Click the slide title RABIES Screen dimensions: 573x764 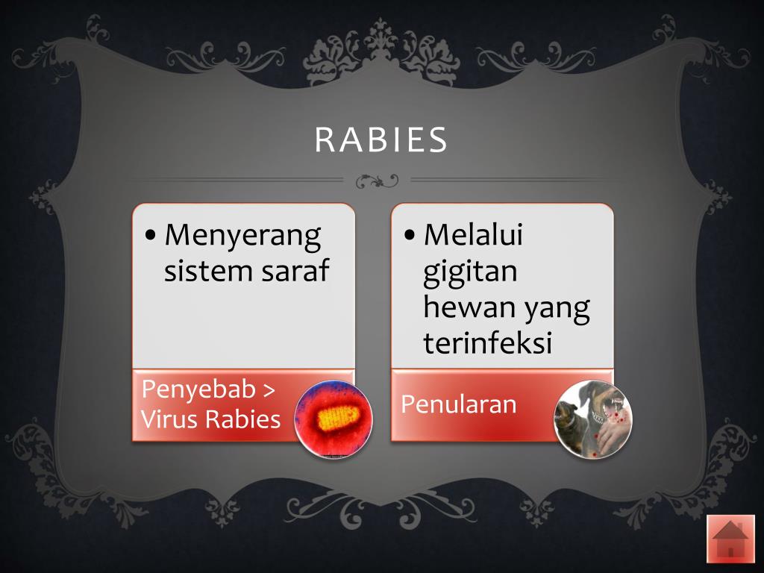click(381, 140)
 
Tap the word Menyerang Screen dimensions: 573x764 click(242, 237)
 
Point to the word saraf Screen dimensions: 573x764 click(295, 271)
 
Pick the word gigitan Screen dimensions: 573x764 click(470, 272)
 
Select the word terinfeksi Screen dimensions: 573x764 click(487, 342)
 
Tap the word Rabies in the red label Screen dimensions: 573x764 click(242, 419)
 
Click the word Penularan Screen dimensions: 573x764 click(458, 404)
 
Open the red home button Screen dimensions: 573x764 click(730, 538)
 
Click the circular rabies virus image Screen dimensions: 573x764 click(333, 419)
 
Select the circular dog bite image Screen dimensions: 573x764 click(592, 419)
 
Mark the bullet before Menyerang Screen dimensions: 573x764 click(151, 237)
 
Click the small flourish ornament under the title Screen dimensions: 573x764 click(377, 180)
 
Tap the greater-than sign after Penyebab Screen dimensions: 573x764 click(267, 390)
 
